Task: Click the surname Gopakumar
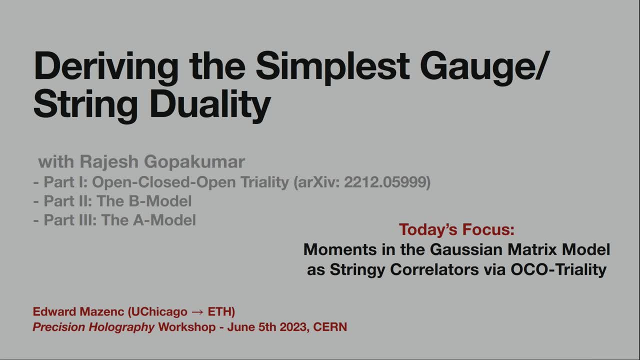point(195,162)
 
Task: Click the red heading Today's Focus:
point(456,230)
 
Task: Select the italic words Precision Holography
point(93,327)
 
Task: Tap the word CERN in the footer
point(330,327)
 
